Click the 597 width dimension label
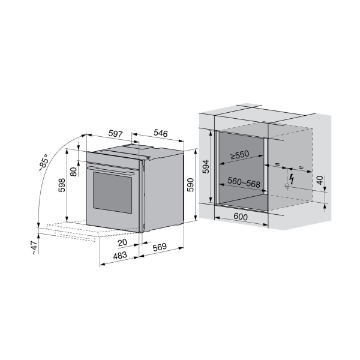click(115, 134)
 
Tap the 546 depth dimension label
click(161, 133)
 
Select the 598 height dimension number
click(62, 185)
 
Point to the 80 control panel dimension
click(73, 172)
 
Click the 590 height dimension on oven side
click(190, 185)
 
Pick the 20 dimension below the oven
click(122, 242)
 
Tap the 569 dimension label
click(160, 247)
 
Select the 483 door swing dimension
click(120, 255)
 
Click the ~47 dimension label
click(34, 248)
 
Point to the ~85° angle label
click(44, 163)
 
